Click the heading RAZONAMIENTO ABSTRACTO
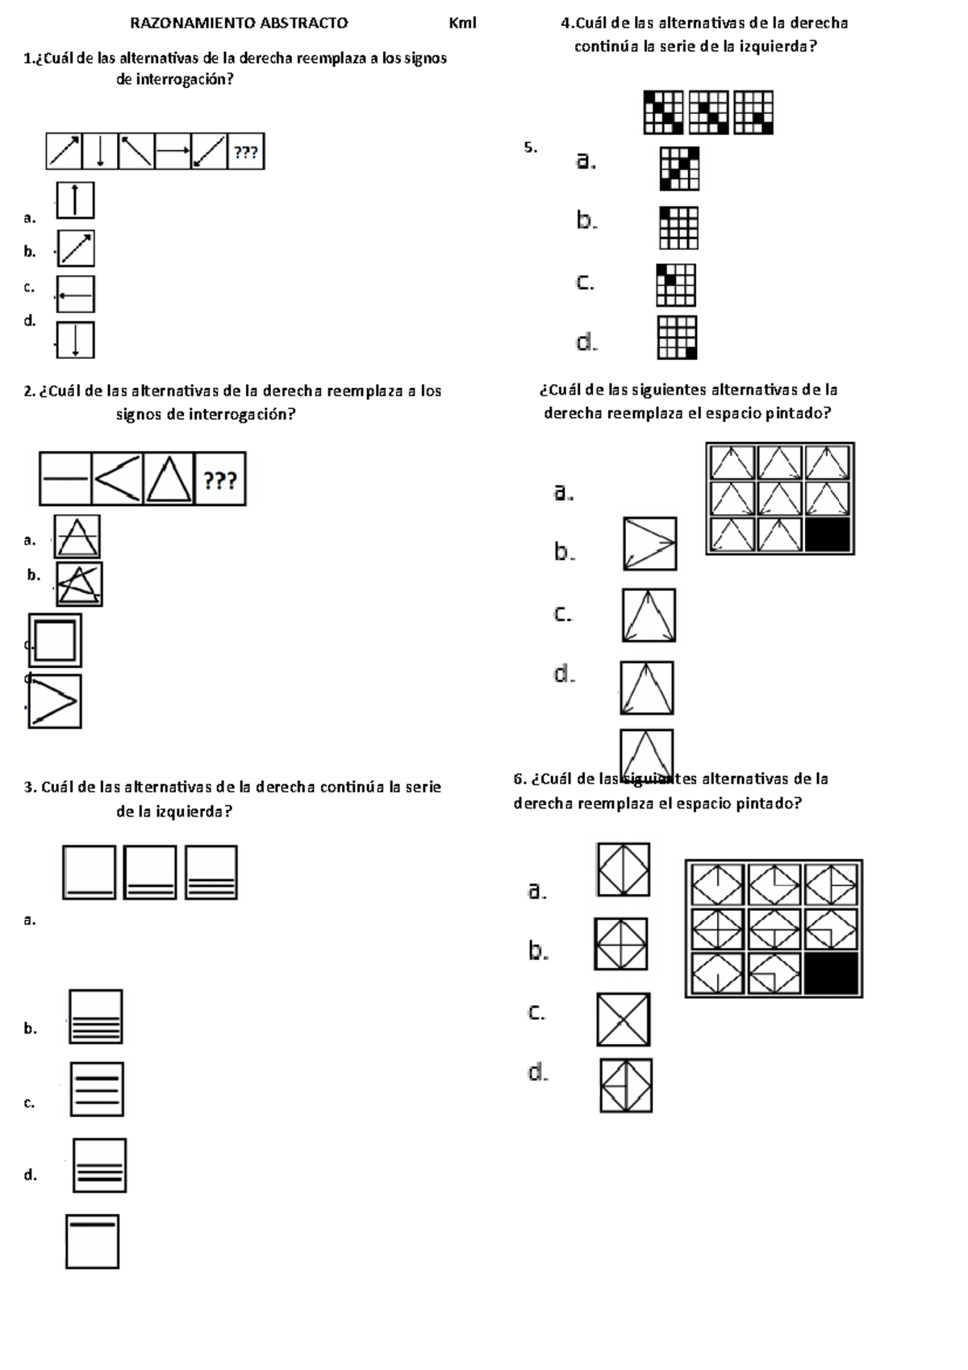coord(239,23)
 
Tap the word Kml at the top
coord(462,23)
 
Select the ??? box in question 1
coord(246,152)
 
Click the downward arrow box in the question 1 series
coord(100,152)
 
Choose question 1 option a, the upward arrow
coord(75,200)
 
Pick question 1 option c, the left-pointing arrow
coord(75,294)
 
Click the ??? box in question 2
coord(220,480)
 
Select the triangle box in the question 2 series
coord(169,479)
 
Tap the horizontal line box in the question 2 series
coord(65,479)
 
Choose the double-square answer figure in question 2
coord(55,641)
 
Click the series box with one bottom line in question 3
coord(90,872)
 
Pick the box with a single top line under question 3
coord(93,1242)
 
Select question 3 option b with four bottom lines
coord(97,1017)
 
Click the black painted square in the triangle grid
coord(828,535)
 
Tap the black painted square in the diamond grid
coord(831,974)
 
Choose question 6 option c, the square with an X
coord(624,1020)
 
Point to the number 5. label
coord(530,147)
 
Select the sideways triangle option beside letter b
coord(650,544)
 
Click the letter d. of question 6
coord(538,1072)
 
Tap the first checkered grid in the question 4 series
coord(664,112)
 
